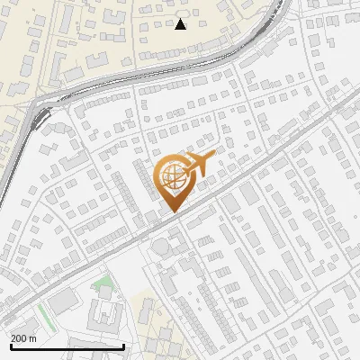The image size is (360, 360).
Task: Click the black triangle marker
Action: pyautogui.click(x=180, y=24)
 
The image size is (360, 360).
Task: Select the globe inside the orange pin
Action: pyautogui.click(x=170, y=178)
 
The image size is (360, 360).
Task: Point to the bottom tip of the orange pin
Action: pyautogui.click(x=171, y=212)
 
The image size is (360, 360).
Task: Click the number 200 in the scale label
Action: pyautogui.click(x=19, y=338)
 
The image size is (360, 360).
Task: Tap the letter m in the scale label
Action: pyautogui.click(x=33, y=338)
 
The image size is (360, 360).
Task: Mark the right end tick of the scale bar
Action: pyautogui.click(x=123, y=346)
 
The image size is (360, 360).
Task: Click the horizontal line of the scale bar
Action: pyautogui.click(x=67, y=347)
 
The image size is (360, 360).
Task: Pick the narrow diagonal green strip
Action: pyautogui.click(x=41, y=315)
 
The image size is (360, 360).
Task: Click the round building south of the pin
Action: pyautogui.click(x=158, y=247)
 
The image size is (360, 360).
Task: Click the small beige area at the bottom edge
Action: pyautogui.click(x=144, y=310)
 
